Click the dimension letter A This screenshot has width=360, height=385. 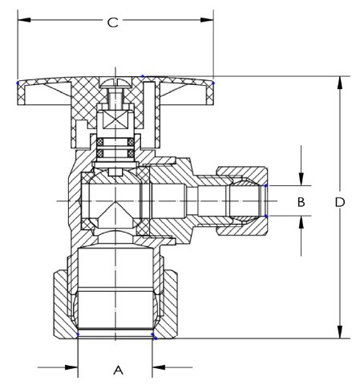point(118,370)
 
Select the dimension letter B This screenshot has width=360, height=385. point(301,202)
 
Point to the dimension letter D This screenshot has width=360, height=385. point(340,203)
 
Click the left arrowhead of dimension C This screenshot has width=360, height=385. point(22,18)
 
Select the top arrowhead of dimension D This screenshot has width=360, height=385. point(340,81)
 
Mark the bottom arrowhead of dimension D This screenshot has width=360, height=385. point(340,332)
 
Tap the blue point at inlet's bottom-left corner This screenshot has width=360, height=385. point(77,334)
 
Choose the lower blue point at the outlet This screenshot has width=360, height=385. point(266,215)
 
